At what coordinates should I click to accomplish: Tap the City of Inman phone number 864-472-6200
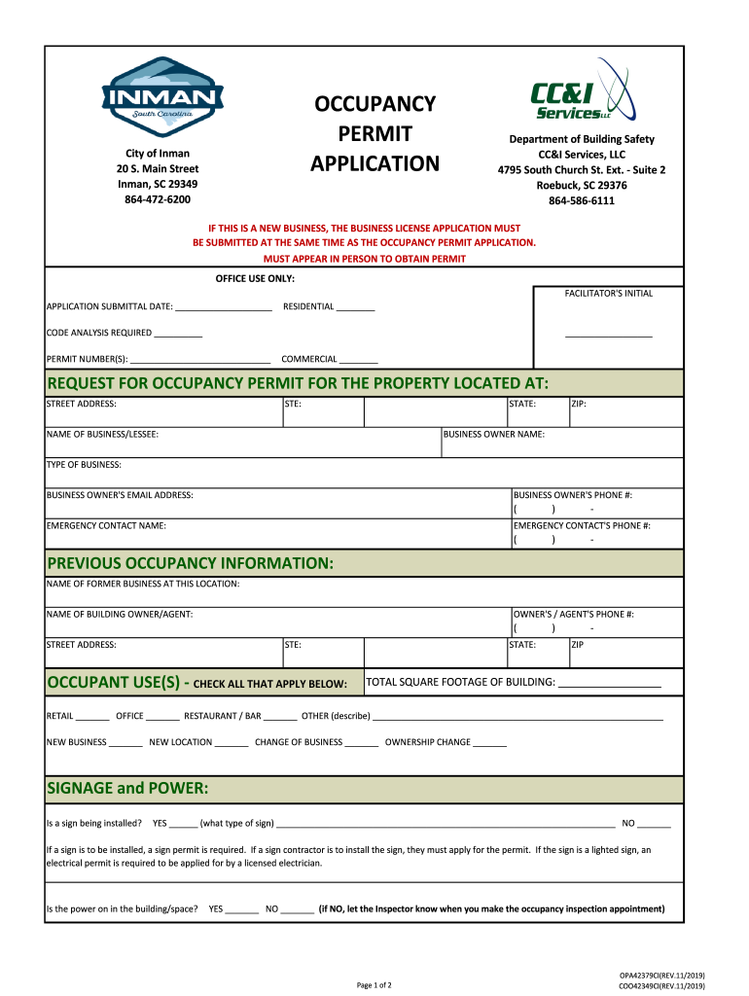coord(157,199)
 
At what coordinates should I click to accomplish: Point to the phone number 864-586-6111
coord(582,200)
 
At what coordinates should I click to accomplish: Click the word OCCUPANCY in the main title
coord(374,104)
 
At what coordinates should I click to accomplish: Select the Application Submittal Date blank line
coord(224,308)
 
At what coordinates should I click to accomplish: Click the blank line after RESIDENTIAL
coord(356,308)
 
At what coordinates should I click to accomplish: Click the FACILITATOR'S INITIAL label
coord(609,294)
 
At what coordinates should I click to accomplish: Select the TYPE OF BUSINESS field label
coord(84,465)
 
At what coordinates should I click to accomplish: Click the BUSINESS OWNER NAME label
coord(493,434)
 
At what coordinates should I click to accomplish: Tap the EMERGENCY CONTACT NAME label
coord(106,525)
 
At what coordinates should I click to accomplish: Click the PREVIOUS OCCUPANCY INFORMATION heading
coord(190,564)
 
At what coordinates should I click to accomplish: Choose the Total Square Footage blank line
coord(610,684)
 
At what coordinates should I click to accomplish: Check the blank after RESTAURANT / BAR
coord(280,718)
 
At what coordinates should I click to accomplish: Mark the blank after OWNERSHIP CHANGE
coord(490,744)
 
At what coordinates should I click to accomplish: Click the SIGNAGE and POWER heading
coord(127,787)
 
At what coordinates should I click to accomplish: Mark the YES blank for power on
coord(241,911)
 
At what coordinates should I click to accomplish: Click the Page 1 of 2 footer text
coord(374,985)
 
